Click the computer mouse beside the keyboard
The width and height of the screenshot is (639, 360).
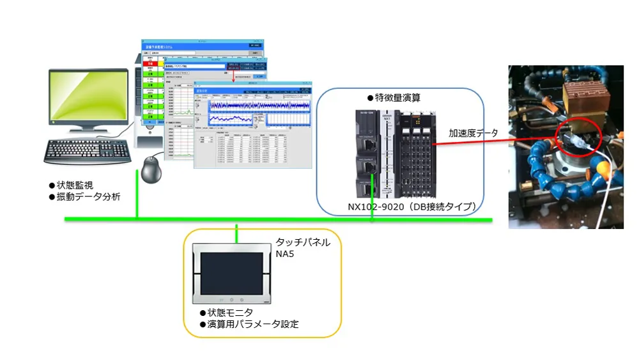[x=151, y=169]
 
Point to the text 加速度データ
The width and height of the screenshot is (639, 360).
[x=473, y=133]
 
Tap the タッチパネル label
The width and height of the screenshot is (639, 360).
[x=303, y=242]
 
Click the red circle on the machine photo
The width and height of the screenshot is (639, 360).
[x=578, y=135]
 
